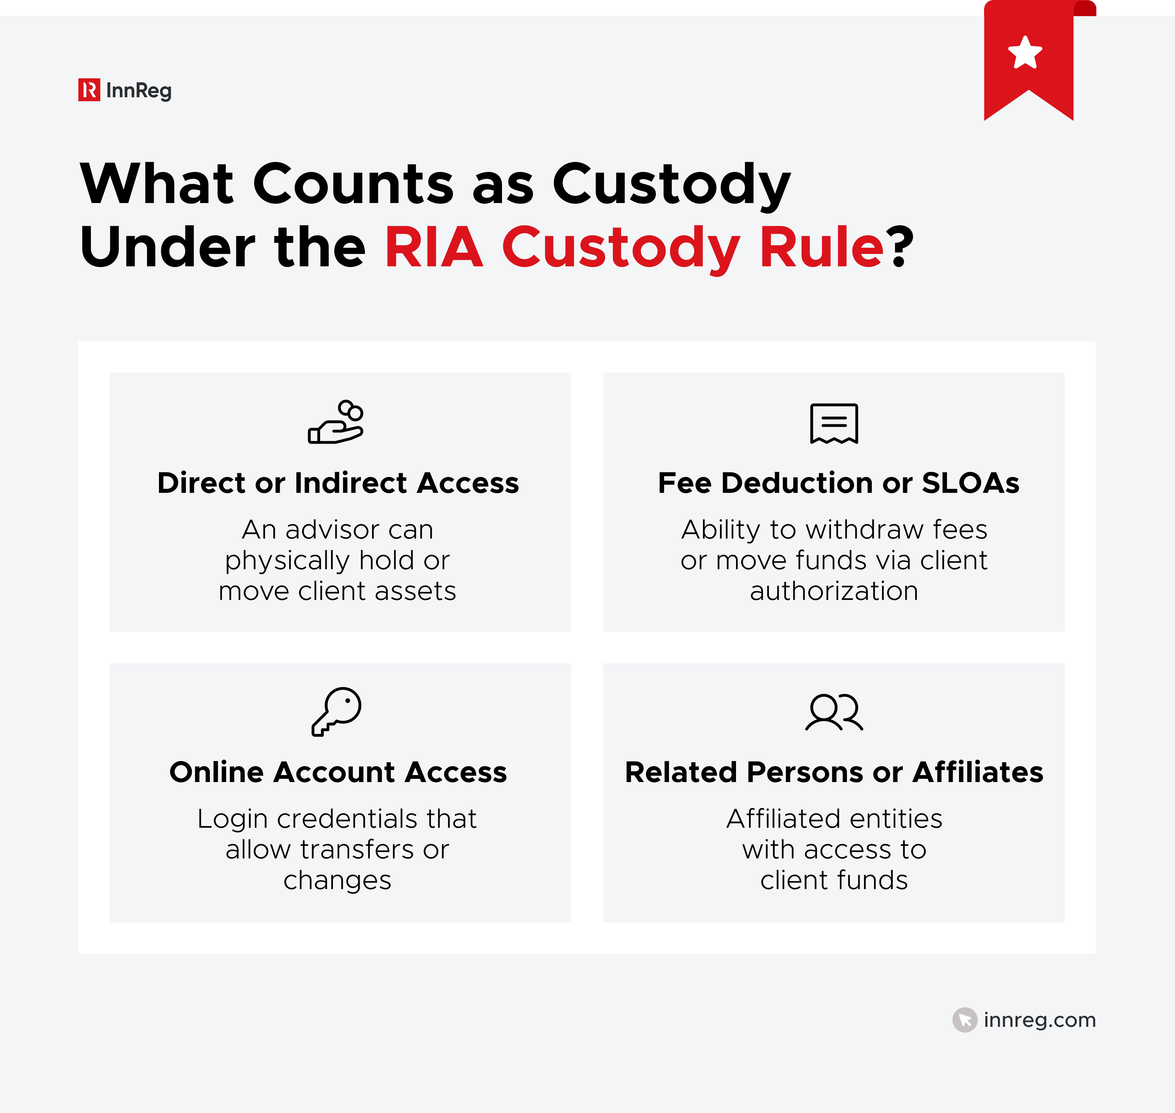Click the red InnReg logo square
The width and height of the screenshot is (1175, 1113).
[89, 90]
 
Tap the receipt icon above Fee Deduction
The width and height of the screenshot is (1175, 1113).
[834, 424]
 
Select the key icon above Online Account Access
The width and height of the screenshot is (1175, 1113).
[336, 711]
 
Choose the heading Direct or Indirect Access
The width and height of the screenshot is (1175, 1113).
[338, 483]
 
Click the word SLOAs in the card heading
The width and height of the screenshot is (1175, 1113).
[970, 483]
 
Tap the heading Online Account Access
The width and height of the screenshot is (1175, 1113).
[338, 773]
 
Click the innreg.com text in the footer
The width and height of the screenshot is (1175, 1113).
[1039, 1020]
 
